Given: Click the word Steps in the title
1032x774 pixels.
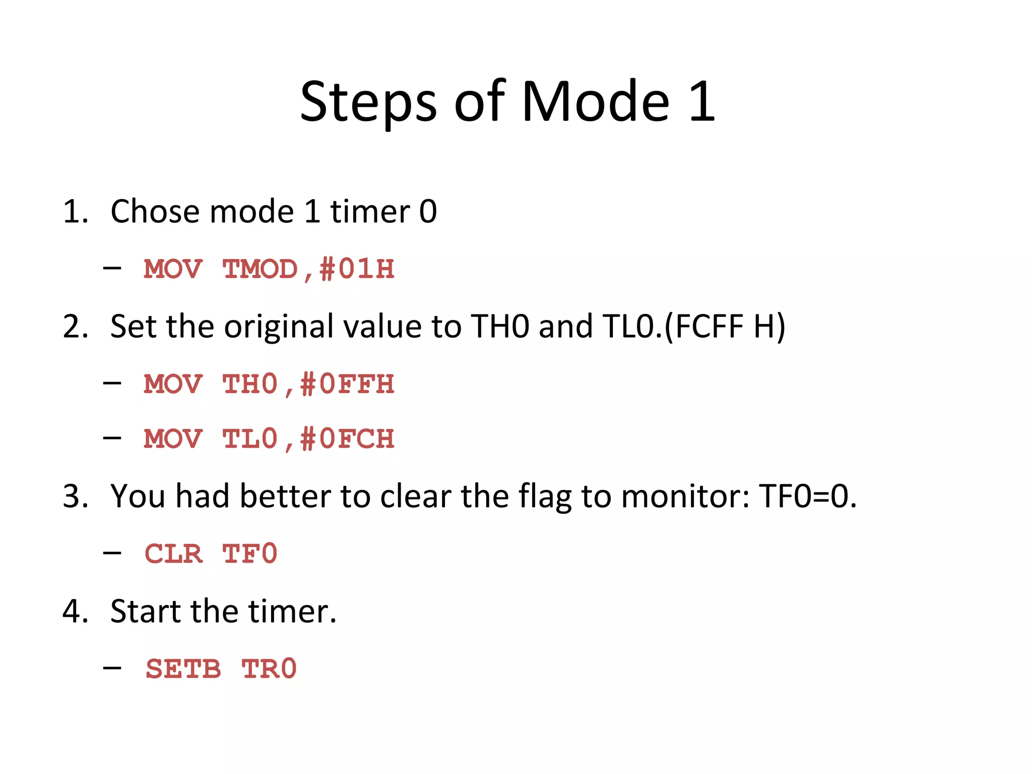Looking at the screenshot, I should point(368,102).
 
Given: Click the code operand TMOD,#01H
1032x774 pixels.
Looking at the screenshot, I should point(308,269).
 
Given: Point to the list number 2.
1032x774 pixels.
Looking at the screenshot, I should point(75,327).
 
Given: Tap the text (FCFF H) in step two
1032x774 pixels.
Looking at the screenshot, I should point(725,327).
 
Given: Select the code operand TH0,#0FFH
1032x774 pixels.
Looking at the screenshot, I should point(308,384).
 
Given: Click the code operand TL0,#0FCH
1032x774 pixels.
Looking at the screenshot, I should point(308,439).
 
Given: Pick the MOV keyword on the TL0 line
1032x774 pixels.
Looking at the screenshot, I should point(173,439).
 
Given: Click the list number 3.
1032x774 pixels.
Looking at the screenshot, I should point(75,496).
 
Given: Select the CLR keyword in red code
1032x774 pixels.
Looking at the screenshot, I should point(173,554).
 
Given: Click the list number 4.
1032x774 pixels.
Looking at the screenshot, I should point(75,612).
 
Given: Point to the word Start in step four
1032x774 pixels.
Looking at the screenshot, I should point(146,612).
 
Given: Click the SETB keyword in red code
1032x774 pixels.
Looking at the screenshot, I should point(183,670).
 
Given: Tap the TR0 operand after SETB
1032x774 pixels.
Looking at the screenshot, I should point(269,670).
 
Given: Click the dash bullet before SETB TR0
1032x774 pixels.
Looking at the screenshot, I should point(112,668).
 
